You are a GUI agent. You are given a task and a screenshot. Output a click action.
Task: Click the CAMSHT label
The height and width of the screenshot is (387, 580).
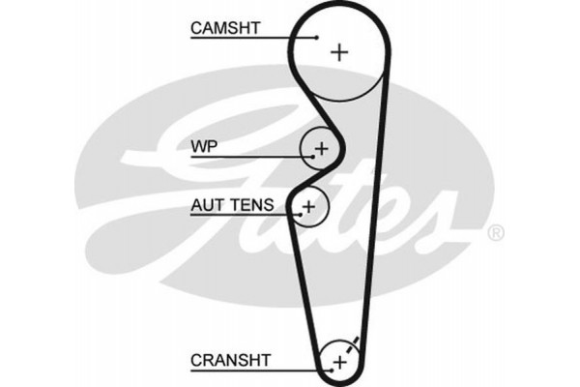223,29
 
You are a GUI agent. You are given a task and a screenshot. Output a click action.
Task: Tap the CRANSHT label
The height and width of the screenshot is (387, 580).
232,359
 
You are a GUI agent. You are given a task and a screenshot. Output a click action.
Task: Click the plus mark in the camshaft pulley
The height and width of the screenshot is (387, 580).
338,52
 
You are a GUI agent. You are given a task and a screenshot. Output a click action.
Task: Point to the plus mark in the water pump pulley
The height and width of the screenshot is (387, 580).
322,148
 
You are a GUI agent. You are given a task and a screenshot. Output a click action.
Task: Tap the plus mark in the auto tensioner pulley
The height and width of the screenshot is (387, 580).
308,206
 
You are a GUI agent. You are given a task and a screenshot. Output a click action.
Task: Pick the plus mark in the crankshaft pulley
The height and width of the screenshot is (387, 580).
338,362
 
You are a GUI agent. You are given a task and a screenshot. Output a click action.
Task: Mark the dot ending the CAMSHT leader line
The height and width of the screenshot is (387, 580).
316,38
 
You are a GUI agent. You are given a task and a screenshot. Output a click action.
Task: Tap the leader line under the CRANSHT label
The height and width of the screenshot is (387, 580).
251,369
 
